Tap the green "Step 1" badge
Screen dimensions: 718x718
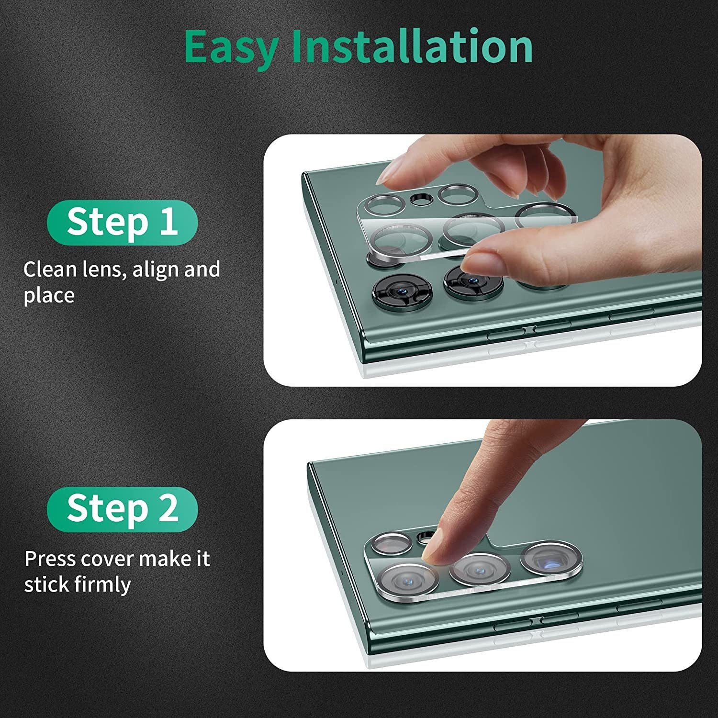pos(122,223)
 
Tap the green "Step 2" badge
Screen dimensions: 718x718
pos(122,509)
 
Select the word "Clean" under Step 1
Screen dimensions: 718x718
pos(50,269)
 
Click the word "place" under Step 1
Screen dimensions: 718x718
pos(49,296)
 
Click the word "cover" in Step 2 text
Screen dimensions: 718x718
pos(103,559)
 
